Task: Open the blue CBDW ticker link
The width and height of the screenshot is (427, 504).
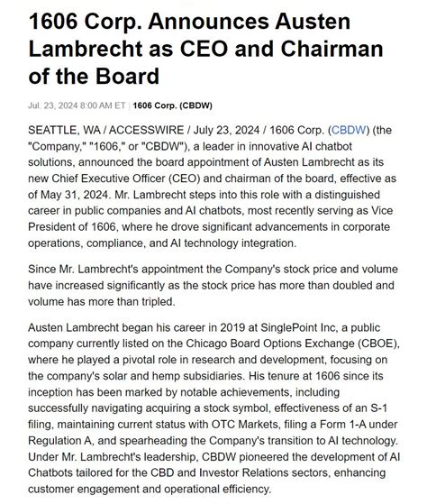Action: tap(350, 131)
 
